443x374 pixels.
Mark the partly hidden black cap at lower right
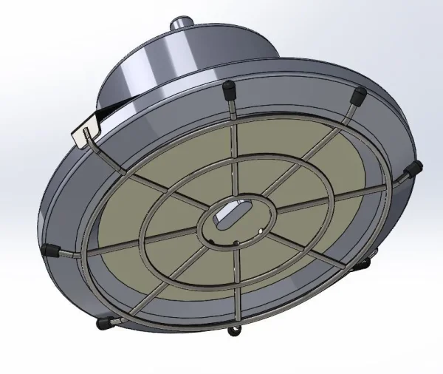(365, 262)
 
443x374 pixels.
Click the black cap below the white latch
(50, 249)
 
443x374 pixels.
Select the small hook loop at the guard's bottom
(235, 327)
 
